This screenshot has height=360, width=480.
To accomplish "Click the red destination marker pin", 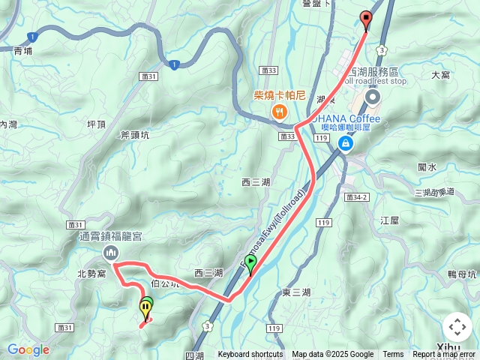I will pos(366,19).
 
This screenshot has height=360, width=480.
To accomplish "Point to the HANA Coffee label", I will pos(352,118).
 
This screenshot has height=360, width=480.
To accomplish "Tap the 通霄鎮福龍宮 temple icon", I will pos(111,253).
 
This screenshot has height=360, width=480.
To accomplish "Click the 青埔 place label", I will pos(23,52).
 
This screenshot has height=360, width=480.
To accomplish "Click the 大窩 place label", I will pos(440,75).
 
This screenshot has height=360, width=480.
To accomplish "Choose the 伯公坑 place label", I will pos(165,283).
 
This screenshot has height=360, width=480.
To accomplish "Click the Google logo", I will pos(28,349).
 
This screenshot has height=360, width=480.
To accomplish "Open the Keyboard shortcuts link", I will pos(250,355).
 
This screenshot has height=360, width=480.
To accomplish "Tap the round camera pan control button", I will pos(457,327).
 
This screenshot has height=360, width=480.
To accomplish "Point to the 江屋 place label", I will pos(390,220).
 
